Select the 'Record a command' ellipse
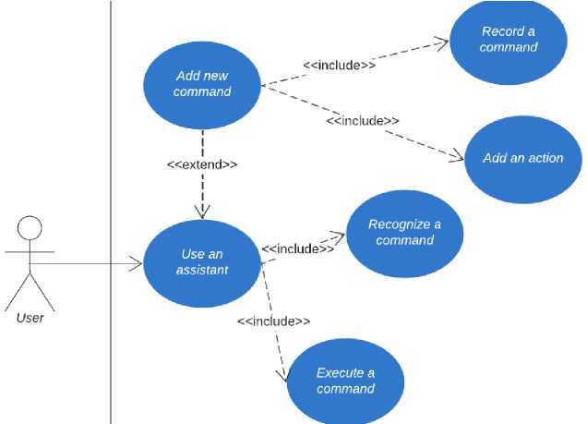tap(508, 40)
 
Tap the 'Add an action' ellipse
tap(522, 158)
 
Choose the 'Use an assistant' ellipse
tap(201, 261)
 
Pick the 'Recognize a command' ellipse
tap(403, 233)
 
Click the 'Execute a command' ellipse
tap(345, 381)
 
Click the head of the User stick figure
tap(30, 228)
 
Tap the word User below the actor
tap(30, 319)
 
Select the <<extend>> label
tap(202, 164)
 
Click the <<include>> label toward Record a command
tap(339, 65)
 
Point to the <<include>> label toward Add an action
tap(363, 121)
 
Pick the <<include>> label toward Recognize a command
tap(297, 248)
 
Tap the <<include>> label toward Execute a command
tap(273, 321)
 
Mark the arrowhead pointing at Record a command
tap(444, 42)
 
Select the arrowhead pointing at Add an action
tap(459, 160)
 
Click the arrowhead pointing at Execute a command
tap(282, 376)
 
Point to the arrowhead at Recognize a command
tap(339, 236)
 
